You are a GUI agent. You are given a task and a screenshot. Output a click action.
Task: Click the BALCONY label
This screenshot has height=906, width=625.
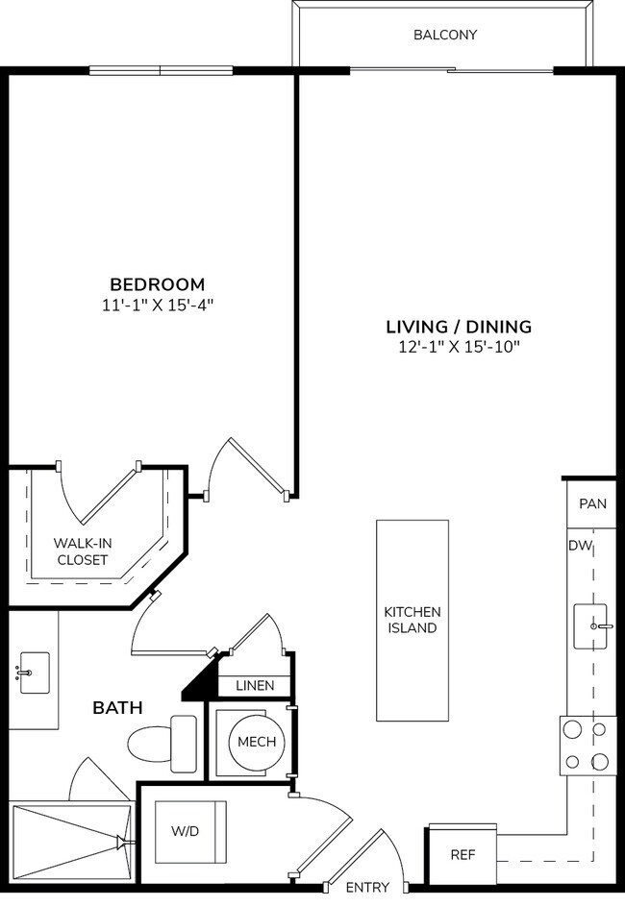(x=444, y=36)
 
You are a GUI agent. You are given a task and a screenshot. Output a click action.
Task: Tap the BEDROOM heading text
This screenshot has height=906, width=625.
(x=157, y=284)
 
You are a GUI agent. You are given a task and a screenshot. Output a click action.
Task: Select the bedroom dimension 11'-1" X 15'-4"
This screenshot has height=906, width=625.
(x=157, y=306)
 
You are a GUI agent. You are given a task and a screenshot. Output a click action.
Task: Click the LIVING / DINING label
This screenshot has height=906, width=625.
(x=458, y=327)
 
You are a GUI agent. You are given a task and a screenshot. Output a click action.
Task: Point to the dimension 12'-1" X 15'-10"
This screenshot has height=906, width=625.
(x=458, y=347)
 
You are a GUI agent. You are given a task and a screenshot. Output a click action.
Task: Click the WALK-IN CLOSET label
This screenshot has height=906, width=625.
(x=82, y=551)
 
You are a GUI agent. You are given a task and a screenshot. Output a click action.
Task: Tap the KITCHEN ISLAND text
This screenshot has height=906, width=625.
(x=412, y=620)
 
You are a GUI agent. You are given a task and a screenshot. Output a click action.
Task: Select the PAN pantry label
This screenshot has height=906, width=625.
(x=592, y=503)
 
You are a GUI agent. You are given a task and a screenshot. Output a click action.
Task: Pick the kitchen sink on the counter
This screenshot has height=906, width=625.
(x=593, y=626)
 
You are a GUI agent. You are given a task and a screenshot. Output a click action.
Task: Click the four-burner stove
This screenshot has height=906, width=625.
(x=587, y=746)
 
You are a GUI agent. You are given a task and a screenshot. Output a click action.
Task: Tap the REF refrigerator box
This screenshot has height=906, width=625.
(x=462, y=854)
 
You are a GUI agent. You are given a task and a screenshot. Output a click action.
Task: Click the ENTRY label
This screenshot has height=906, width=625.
(x=366, y=887)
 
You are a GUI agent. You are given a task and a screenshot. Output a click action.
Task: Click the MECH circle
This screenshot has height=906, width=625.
(x=256, y=742)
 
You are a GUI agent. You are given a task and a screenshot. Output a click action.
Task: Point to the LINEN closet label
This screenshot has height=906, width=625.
(x=255, y=686)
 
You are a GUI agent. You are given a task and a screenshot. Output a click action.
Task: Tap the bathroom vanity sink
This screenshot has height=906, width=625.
(x=34, y=672)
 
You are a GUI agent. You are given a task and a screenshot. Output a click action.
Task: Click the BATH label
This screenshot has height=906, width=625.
(x=117, y=708)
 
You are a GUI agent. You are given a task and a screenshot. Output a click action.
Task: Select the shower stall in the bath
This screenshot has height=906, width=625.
(x=69, y=843)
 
